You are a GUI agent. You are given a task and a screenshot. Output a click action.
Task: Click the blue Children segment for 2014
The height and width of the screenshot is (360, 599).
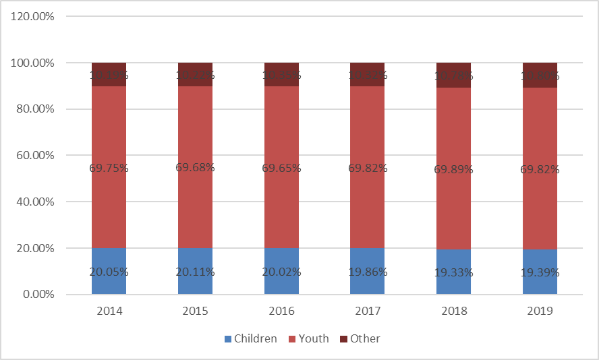click(109, 260)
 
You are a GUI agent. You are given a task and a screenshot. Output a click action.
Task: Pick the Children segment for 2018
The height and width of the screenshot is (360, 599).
click(453, 263)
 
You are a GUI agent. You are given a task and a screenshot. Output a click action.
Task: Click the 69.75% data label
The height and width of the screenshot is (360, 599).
click(109, 168)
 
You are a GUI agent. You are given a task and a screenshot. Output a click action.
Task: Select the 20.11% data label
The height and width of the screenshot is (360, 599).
click(195, 272)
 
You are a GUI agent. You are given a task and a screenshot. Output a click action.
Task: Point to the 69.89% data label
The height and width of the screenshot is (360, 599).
click(453, 169)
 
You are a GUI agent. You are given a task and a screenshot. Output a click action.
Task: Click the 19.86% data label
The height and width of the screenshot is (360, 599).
click(367, 272)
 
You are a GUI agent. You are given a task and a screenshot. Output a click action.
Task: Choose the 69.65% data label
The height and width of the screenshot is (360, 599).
click(281, 168)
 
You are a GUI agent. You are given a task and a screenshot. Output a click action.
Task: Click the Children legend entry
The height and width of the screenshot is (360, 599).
click(249, 338)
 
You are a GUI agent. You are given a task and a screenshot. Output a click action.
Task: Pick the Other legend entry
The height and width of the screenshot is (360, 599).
click(359, 338)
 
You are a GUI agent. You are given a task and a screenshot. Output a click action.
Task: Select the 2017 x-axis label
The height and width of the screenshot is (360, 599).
click(367, 311)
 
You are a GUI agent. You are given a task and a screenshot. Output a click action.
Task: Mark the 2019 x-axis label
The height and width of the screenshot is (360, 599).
click(540, 311)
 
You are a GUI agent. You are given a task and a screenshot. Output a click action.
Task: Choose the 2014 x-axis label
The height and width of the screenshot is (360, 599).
click(109, 311)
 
